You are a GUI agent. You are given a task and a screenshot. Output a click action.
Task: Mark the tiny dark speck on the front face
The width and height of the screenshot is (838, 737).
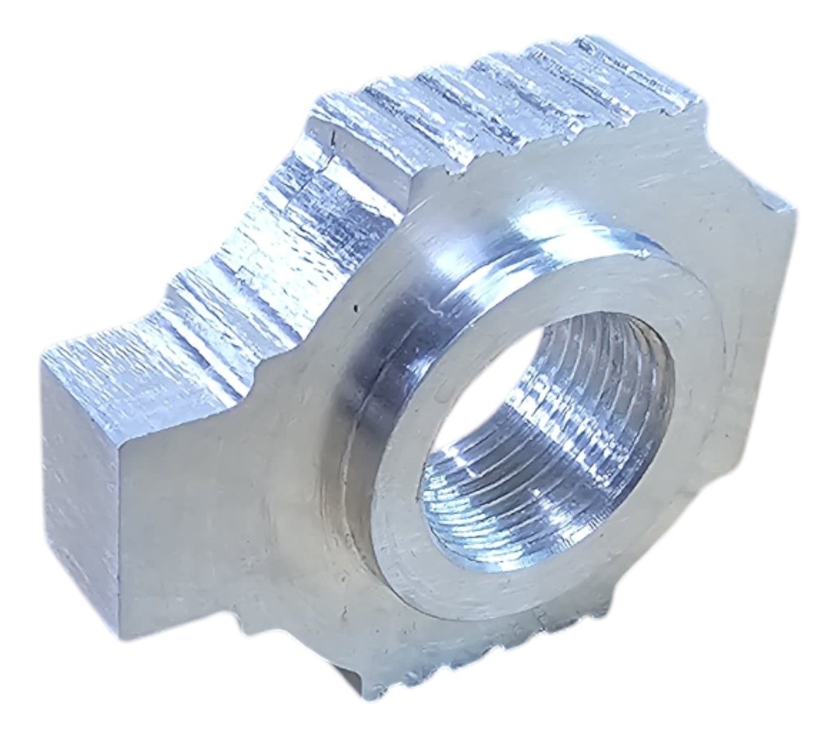354,308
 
